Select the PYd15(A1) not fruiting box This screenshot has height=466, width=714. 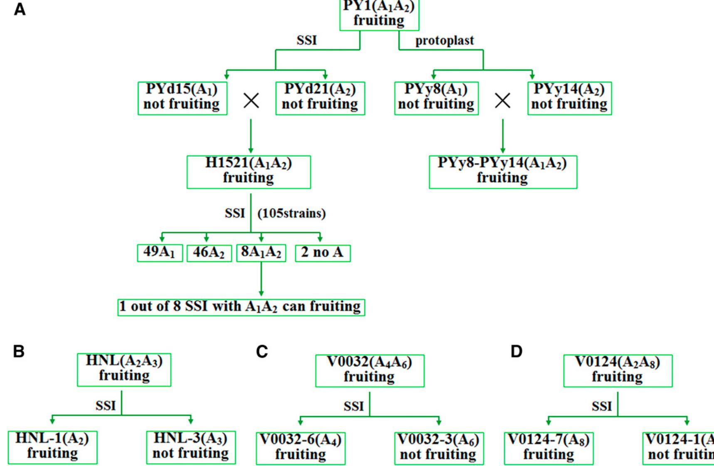click(x=182, y=98)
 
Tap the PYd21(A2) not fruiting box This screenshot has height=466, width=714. click(x=320, y=98)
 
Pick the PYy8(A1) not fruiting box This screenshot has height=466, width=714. click(x=436, y=98)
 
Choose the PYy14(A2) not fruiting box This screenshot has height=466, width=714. click(x=569, y=98)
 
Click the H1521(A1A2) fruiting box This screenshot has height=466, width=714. click(x=249, y=172)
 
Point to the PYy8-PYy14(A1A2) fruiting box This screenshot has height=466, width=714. click(x=503, y=172)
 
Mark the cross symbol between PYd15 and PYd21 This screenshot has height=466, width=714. click(x=252, y=100)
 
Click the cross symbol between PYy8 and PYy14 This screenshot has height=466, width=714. click(x=503, y=100)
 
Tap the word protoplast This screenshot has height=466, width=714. click(x=445, y=41)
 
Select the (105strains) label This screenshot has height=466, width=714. click(x=292, y=214)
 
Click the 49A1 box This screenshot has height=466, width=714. click(x=160, y=253)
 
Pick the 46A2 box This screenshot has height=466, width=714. click(x=209, y=253)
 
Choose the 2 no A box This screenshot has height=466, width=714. click(x=323, y=253)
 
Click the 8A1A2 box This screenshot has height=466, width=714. click(x=261, y=253)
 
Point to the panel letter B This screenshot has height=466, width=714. click(x=19, y=352)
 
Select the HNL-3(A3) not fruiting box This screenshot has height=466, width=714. click(x=191, y=447)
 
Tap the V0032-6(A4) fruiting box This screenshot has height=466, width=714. click(x=300, y=448)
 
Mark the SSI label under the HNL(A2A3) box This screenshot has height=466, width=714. click(x=106, y=406)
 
